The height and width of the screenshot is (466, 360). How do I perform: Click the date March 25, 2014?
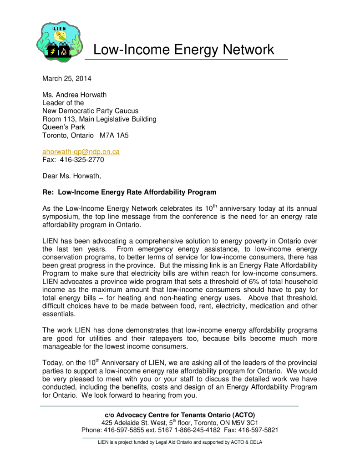(66, 78)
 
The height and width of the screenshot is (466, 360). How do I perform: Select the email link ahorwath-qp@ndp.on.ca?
(81, 152)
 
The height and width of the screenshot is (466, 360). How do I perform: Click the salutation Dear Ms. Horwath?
(71, 176)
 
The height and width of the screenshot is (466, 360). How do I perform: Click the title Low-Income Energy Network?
(183, 50)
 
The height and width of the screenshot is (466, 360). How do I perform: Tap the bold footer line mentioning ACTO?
(180, 415)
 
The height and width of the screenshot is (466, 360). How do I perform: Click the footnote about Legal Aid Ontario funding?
(180, 442)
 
